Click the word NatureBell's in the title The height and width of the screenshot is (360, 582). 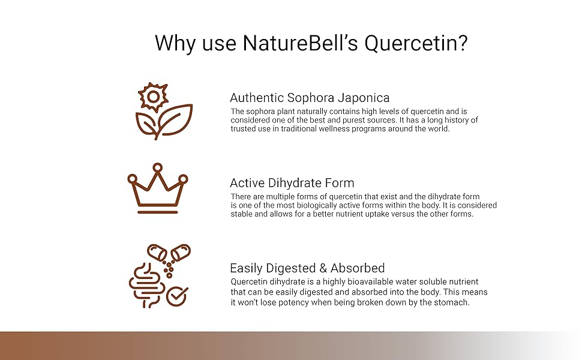point(300,43)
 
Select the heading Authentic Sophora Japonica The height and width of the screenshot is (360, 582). point(310,98)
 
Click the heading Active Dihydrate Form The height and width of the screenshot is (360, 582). point(292,182)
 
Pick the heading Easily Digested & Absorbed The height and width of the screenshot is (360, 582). point(307,268)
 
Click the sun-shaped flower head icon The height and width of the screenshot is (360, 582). point(153,97)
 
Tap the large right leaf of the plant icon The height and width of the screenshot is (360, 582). point(176,119)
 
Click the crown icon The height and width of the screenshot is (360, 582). point(158,188)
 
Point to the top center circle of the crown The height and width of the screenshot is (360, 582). point(158,167)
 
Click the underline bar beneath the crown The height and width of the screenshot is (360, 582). point(158,212)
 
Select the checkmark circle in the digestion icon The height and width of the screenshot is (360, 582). point(177,296)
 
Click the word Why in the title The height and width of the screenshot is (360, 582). point(175,43)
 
